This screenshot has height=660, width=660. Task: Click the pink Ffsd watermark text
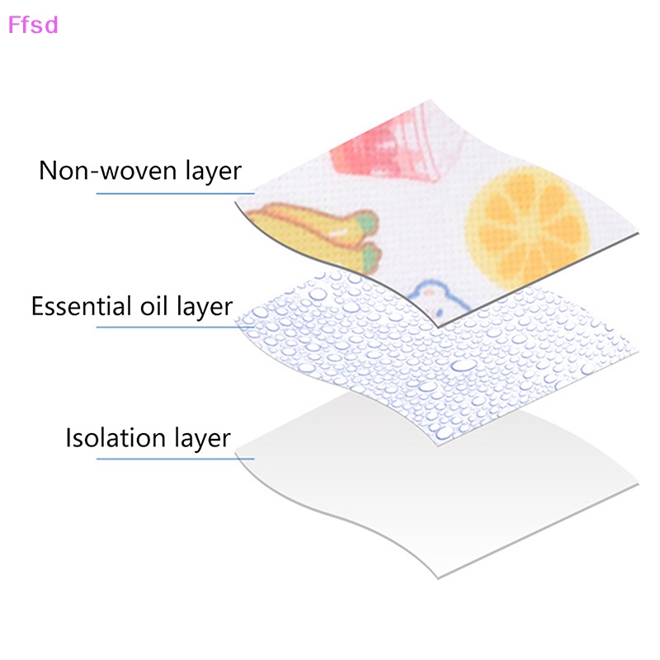click(x=33, y=25)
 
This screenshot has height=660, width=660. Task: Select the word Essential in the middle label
click(x=79, y=306)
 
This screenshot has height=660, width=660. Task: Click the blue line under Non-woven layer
click(x=165, y=194)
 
